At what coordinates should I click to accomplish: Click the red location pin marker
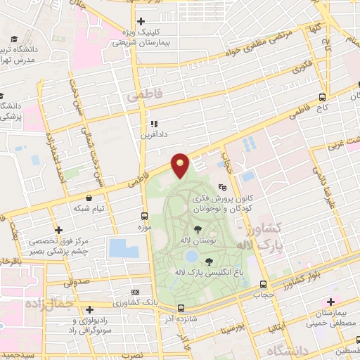point(181,165)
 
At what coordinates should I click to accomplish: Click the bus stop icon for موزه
point(144,217)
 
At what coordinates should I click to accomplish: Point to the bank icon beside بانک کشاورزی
point(136,290)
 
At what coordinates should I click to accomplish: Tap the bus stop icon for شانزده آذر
point(181,308)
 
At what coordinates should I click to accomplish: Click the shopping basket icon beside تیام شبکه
point(89,198)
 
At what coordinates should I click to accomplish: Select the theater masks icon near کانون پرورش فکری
point(223,187)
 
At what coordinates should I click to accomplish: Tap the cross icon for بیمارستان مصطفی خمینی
point(329,302)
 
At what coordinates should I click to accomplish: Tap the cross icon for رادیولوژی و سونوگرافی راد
point(89,309)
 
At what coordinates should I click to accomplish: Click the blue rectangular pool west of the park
point(123,248)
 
